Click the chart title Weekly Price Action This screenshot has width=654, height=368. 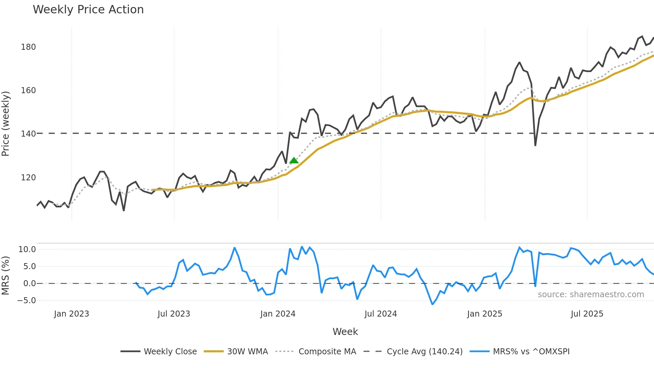pyautogui.click(x=88, y=9)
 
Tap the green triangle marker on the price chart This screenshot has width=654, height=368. pyautogui.click(x=294, y=161)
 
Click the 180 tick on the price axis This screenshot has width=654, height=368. pyautogui.click(x=28, y=47)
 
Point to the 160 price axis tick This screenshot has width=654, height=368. pyautogui.click(x=28, y=90)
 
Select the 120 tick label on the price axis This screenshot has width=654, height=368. pyautogui.click(x=28, y=178)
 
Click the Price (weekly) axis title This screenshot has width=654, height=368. pyautogui.click(x=6, y=124)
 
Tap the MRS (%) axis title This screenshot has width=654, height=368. pyautogui.click(x=6, y=275)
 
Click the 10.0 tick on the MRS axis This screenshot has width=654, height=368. pyautogui.click(x=27, y=249)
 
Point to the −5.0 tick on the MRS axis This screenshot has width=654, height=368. pyautogui.click(x=26, y=301)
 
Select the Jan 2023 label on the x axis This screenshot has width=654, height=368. pyautogui.click(x=71, y=314)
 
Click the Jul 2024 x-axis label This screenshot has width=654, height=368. pyautogui.click(x=381, y=314)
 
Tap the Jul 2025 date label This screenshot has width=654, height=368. pyautogui.click(x=587, y=314)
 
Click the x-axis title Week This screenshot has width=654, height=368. pyautogui.click(x=345, y=332)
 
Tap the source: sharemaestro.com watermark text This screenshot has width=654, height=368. pyautogui.click(x=591, y=295)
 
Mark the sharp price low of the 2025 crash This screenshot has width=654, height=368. pyautogui.click(x=535, y=145)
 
